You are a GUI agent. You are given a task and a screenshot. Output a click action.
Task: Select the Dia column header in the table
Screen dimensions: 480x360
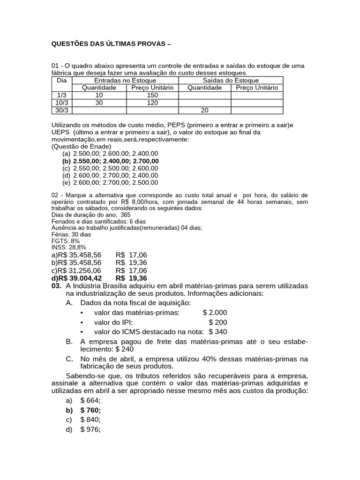tap(62, 80)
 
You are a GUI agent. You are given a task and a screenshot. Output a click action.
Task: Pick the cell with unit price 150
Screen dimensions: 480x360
tap(152, 95)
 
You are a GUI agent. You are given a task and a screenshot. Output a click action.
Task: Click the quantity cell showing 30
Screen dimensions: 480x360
tap(99, 103)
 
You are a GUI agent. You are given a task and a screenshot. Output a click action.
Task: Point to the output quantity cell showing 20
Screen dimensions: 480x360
tap(204, 110)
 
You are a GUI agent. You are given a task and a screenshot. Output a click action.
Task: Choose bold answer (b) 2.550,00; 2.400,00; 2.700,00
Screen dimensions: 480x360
tap(111, 161)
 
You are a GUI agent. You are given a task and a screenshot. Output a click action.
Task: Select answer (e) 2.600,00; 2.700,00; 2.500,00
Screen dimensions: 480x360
tap(110, 182)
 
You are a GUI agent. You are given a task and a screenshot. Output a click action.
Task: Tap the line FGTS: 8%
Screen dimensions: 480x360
tap(65, 240)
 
